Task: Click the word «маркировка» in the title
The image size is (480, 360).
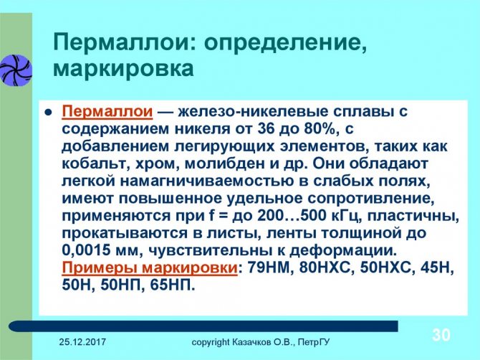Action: [x=123, y=70]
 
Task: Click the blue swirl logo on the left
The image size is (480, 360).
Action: [x=15, y=70]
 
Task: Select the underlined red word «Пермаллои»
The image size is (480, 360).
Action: [x=107, y=112]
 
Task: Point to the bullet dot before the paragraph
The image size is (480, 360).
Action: [x=48, y=113]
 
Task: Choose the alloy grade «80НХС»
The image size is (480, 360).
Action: [x=325, y=267]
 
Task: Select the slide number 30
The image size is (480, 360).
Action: [x=441, y=335]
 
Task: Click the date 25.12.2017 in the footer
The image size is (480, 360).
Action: [x=82, y=341]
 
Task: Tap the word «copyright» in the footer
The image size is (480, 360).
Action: [x=210, y=342]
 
